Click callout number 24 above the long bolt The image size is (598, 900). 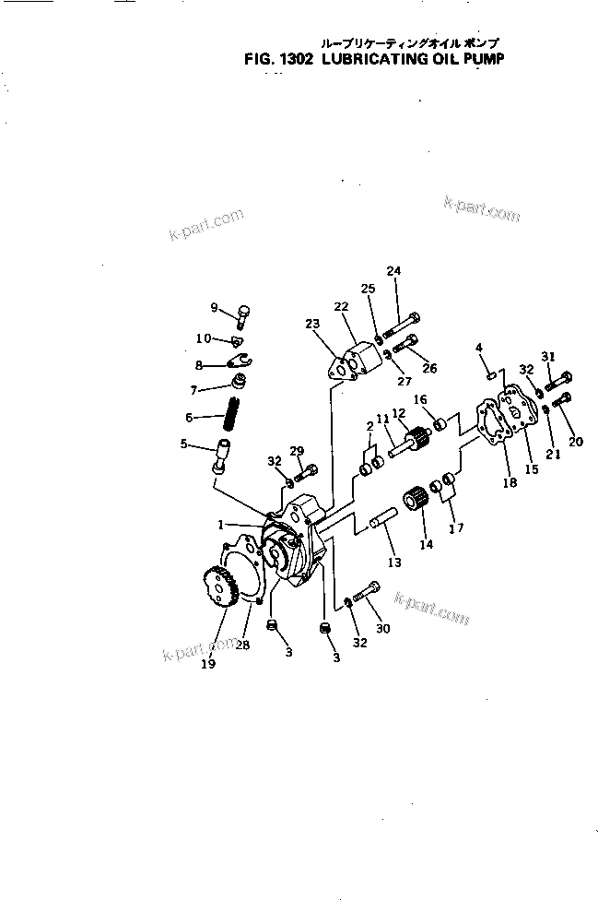(394, 270)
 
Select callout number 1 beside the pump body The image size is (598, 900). (221, 524)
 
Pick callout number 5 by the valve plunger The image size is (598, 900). (184, 444)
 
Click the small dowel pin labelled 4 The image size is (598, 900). (492, 373)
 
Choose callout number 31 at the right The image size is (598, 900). (548, 356)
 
